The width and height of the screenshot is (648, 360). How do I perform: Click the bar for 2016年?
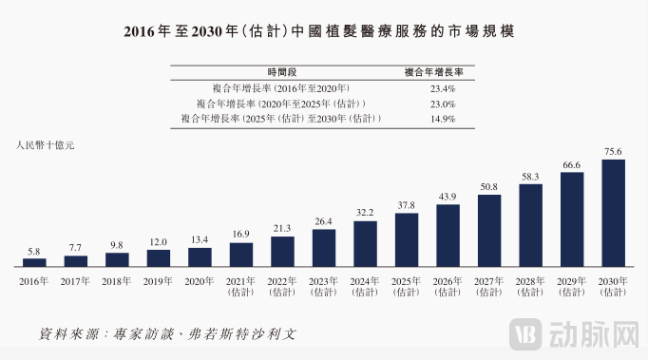[x=33, y=261]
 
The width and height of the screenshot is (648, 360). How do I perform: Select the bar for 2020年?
[x=200, y=256]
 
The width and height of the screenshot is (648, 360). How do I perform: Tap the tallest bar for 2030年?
[x=613, y=213]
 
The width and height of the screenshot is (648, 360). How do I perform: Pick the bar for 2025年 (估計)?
[x=407, y=239]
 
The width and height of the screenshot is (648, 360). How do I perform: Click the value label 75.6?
[x=613, y=152]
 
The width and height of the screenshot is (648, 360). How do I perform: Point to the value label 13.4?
[x=200, y=240]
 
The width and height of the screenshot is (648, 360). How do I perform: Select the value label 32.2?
[x=365, y=214]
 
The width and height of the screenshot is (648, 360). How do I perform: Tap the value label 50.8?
[x=489, y=187]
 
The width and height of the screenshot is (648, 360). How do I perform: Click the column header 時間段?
[x=282, y=72]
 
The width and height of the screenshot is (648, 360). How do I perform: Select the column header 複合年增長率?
[x=440, y=72]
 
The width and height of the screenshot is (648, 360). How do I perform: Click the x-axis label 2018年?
[x=117, y=281]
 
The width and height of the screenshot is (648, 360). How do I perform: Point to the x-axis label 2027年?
[x=489, y=281]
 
